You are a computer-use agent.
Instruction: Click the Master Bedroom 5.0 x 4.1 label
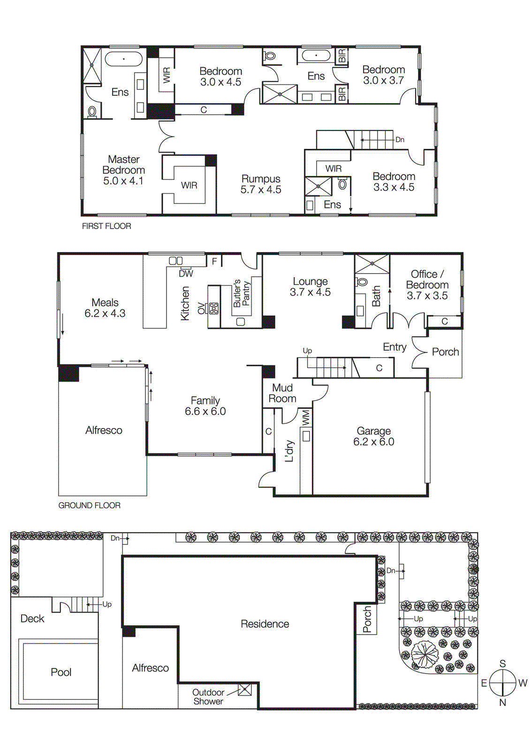123,170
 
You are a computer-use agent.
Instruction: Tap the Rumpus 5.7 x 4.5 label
261,184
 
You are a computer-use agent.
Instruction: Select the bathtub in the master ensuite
123,59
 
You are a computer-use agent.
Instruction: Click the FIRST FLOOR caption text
106,226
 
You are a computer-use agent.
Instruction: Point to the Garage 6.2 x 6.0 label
374,436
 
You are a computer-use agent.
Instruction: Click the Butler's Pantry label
242,294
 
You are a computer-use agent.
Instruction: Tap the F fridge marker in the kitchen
214,261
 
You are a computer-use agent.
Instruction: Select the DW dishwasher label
186,274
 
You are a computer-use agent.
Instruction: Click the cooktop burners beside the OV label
213,308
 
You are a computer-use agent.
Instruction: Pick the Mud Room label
282,393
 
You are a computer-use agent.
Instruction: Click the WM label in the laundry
306,418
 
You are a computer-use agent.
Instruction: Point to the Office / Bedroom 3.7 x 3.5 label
427,284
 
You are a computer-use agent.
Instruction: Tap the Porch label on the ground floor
445,352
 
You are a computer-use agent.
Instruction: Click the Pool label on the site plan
61,672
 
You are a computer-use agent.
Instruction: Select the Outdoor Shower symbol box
245,690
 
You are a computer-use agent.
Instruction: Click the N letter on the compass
502,703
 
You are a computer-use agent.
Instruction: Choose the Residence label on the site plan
265,624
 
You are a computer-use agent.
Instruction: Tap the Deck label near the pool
32,619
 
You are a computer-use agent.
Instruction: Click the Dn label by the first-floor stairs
400,140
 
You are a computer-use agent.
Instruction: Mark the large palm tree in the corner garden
425,654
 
